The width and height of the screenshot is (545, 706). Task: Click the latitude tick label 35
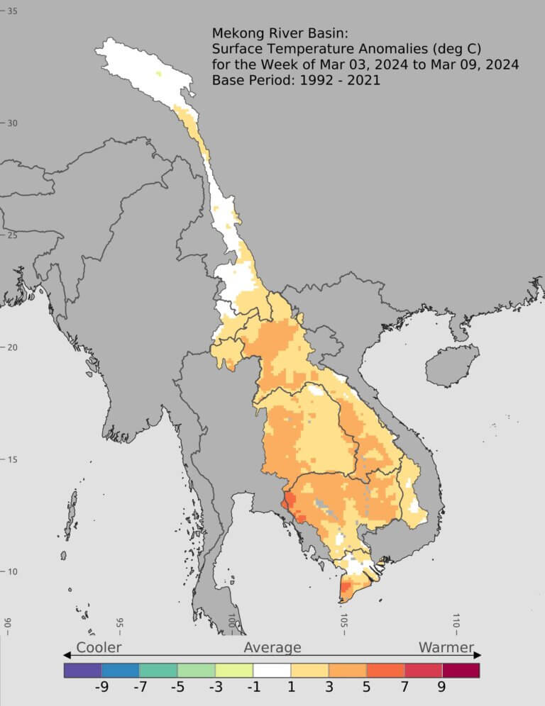coord(13,11)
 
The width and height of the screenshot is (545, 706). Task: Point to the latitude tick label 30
coord(13,123)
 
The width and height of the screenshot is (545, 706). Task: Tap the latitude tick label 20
coord(13,347)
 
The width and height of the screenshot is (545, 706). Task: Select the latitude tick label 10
coord(13,572)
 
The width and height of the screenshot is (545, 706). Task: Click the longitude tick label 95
coord(119,624)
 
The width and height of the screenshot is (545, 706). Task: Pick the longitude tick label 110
coord(456,624)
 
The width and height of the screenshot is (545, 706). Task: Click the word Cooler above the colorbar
coord(99,647)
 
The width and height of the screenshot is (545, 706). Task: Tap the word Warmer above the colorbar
coord(446,647)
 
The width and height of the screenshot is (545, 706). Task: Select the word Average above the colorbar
coord(272,647)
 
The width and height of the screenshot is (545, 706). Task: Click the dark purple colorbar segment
coord(82,670)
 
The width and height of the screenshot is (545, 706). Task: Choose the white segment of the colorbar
coord(272,670)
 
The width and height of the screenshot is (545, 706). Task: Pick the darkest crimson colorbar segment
coord(461,670)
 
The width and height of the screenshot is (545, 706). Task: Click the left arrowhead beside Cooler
coord(67,654)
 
